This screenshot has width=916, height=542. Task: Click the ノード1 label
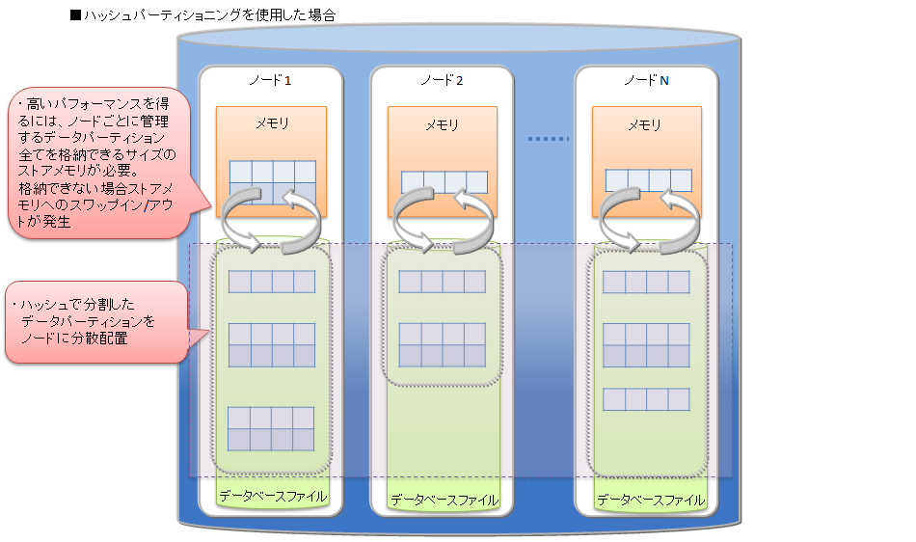[270, 80]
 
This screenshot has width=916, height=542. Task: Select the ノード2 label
[442, 80]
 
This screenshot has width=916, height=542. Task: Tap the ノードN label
[646, 80]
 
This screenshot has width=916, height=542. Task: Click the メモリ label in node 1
[271, 123]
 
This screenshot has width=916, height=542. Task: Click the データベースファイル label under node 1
[272, 497]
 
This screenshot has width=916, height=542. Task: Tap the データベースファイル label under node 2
[444, 500]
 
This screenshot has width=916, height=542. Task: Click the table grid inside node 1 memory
[272, 182]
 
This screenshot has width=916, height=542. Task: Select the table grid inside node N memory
[648, 180]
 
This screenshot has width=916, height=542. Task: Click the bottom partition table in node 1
[271, 429]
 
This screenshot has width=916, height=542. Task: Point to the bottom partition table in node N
[646, 399]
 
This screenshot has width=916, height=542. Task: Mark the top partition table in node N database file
[646, 282]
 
